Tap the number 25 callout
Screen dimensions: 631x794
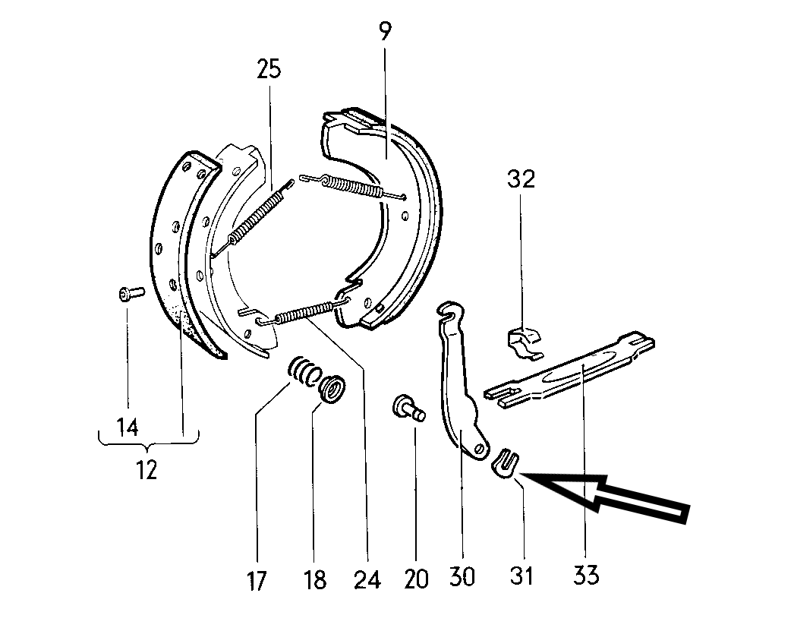[268, 69]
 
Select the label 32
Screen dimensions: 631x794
[521, 179]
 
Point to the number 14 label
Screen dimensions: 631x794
[128, 428]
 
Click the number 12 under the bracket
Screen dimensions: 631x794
[147, 470]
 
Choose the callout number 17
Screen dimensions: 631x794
[257, 581]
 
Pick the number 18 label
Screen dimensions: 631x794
[315, 581]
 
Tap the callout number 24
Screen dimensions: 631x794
[367, 581]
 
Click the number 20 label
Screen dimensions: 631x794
[417, 579]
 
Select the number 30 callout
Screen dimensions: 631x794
[462, 576]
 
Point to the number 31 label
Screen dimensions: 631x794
[521, 576]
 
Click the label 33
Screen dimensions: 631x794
[587, 575]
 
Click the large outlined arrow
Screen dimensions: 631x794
[615, 497]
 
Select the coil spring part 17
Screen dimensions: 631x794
[304, 371]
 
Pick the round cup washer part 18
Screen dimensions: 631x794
[332, 387]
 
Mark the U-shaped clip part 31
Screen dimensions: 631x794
[506, 464]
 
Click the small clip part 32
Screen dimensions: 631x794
[523, 339]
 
